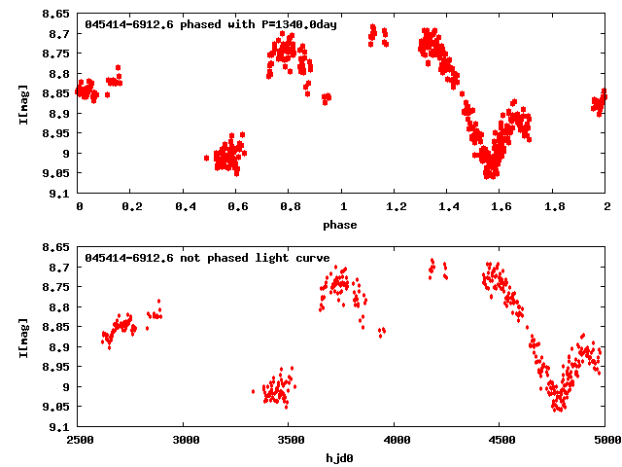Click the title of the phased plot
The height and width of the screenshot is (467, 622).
(211, 24)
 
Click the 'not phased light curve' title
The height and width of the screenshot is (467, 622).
(207, 258)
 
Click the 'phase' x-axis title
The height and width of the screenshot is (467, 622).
(340, 225)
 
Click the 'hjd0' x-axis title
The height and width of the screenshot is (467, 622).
(340, 458)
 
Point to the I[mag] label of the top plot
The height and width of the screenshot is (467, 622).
(22, 103)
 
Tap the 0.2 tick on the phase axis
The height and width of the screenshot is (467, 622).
(131, 206)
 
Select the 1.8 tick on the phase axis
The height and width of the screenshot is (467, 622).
(554, 206)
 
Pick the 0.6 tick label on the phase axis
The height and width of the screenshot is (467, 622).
(237, 206)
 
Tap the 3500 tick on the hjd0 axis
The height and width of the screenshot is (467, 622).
(290, 440)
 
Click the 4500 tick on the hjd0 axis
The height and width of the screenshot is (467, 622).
(501, 440)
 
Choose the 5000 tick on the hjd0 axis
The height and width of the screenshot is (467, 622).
(605, 440)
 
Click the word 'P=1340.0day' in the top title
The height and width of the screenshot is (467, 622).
(299, 24)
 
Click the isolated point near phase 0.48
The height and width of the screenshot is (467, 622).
(206, 158)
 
